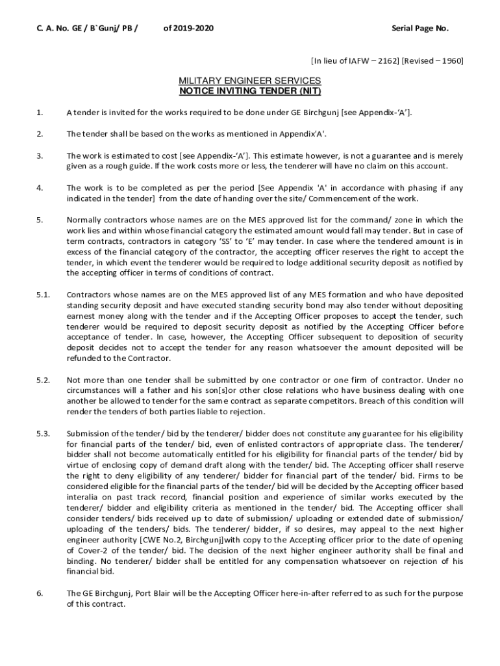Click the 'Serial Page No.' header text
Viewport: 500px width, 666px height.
point(419,29)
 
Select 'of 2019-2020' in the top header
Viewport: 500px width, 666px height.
point(188,29)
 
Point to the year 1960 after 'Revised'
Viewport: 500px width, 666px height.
point(449,61)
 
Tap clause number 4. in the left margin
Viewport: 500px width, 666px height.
point(40,188)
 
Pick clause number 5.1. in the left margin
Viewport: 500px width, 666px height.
point(43,295)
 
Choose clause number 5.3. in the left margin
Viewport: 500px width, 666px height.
point(43,433)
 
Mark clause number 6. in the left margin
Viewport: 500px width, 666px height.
point(40,593)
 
